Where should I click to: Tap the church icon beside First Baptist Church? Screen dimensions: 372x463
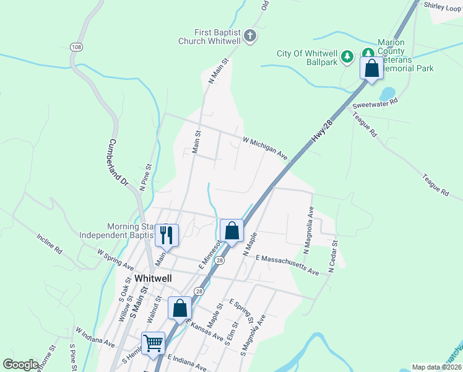(x=250, y=36)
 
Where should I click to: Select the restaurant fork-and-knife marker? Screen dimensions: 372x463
(x=167, y=234)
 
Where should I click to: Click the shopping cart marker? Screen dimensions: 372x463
(x=153, y=343)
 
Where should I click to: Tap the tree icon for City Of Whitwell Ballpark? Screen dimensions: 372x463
(x=347, y=56)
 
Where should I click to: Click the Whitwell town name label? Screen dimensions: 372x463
(x=152, y=278)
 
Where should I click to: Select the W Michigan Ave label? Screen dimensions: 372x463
(x=266, y=148)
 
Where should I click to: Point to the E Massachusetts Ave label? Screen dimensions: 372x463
(x=287, y=264)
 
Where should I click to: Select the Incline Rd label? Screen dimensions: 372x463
(x=50, y=244)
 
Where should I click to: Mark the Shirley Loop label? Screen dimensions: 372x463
(x=443, y=5)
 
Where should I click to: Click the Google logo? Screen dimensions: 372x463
(x=20, y=365)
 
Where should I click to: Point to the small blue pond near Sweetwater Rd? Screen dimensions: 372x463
(x=387, y=94)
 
